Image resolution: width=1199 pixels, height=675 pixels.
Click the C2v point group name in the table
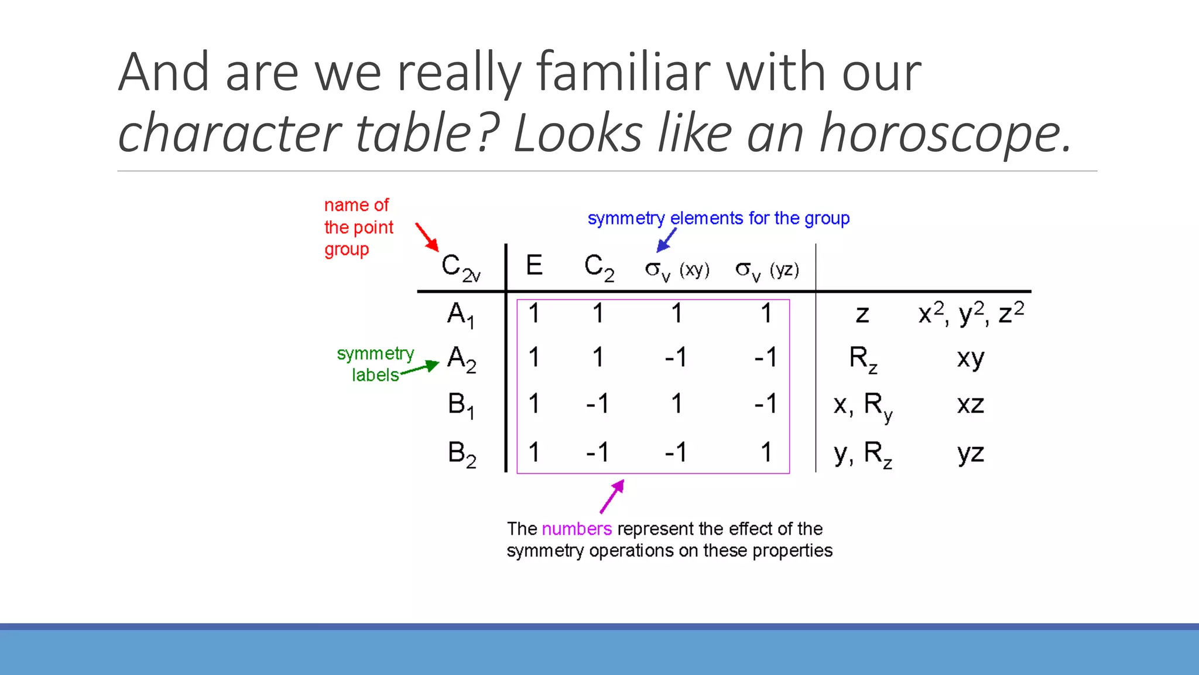461,268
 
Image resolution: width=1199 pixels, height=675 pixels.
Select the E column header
534,265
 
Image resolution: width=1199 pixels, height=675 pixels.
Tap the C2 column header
599,267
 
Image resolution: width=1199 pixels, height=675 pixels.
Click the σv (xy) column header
677,270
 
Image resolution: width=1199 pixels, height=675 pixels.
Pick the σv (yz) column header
767,270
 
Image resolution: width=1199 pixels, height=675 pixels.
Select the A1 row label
461,315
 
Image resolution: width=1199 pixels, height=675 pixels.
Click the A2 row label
461,359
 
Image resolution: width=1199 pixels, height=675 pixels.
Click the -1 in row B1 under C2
597,404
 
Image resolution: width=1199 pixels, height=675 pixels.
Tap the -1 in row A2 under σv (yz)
765,357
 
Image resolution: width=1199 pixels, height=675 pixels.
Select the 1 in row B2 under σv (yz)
766,452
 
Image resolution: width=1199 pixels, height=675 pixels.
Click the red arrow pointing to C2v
427,237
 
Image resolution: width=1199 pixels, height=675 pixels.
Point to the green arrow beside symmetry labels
420,368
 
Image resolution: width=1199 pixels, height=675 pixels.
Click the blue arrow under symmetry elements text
666,240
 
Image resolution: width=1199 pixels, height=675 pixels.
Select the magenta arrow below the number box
612,496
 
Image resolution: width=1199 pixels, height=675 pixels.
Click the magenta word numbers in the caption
577,529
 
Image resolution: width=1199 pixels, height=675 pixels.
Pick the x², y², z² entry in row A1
971,313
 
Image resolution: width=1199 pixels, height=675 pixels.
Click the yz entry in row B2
971,453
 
